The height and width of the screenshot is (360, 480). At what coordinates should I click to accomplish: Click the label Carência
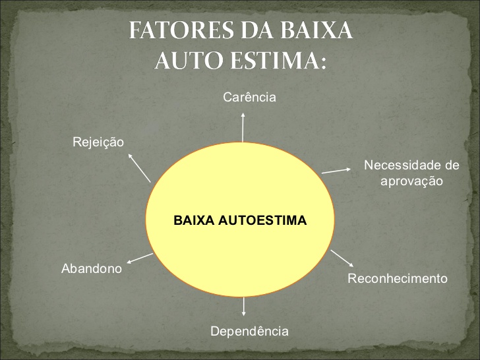(249, 98)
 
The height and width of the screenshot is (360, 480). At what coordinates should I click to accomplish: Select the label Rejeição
(98, 142)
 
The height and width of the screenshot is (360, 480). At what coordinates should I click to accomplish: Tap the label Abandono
(92, 268)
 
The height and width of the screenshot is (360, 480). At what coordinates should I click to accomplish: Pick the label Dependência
(249, 331)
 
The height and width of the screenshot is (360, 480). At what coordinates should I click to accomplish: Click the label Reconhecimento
(397, 278)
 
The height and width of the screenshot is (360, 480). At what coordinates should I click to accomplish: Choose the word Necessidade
(402, 164)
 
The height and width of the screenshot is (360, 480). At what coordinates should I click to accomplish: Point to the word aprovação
(411, 180)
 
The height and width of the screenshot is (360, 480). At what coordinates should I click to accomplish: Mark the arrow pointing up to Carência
(243, 127)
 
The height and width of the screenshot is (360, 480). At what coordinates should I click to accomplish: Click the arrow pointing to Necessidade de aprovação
(336, 169)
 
